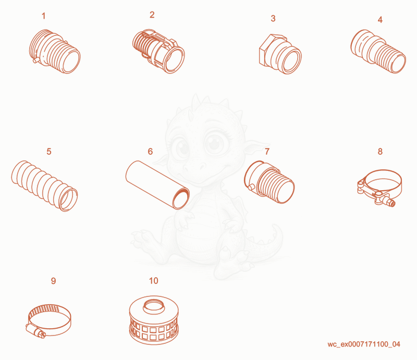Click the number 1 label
(x=44, y=16)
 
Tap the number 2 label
(x=152, y=15)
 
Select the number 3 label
(x=273, y=18)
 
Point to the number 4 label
(x=380, y=20)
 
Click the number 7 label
(x=267, y=152)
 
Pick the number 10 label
(x=154, y=281)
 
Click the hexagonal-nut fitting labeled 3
(x=280, y=54)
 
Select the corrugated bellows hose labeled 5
(x=44, y=185)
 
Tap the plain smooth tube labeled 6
(x=157, y=185)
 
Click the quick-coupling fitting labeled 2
(x=158, y=51)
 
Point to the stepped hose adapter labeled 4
(x=378, y=51)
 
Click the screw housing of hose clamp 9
(x=36, y=331)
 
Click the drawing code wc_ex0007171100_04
(x=363, y=344)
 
